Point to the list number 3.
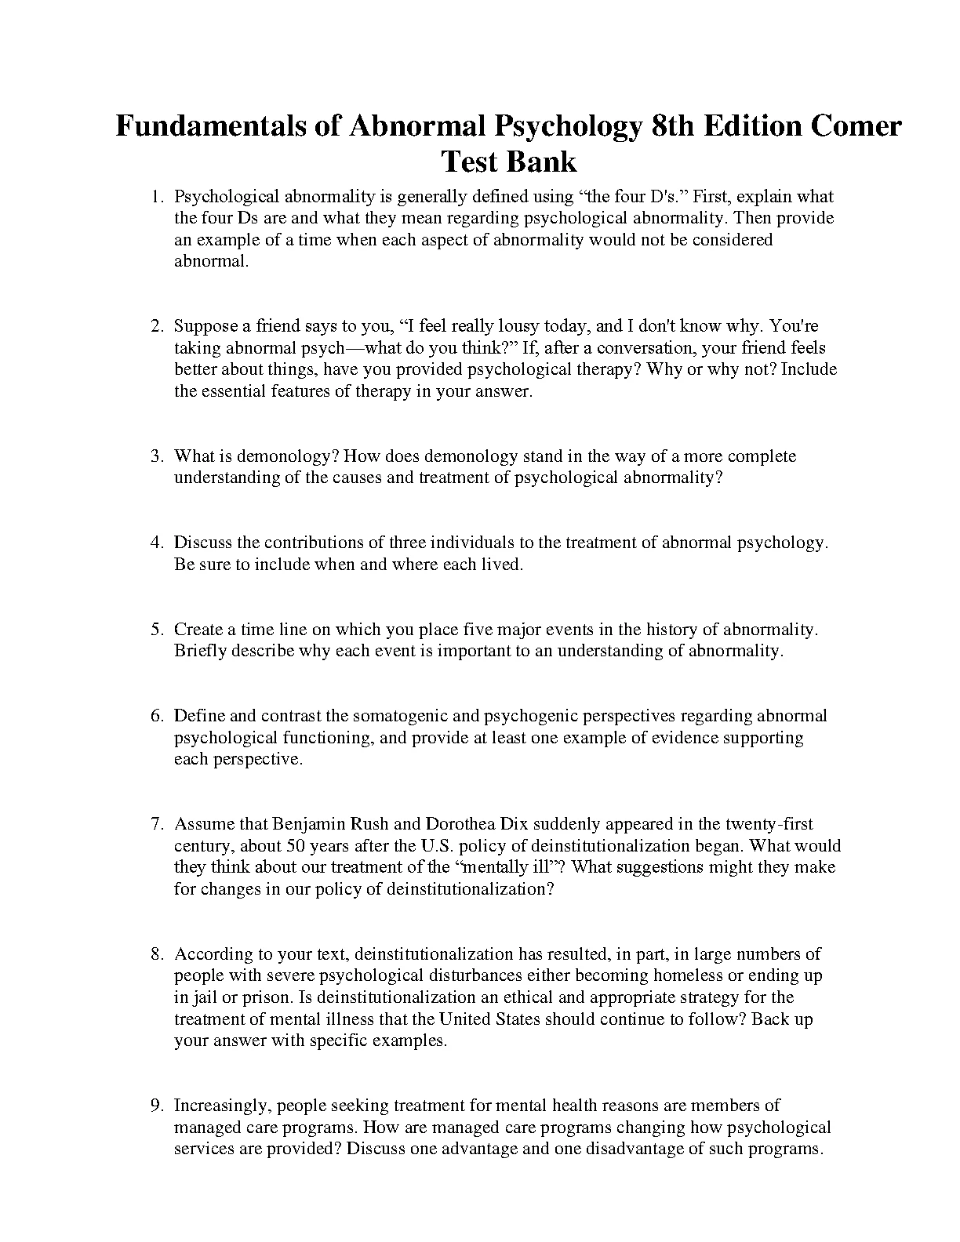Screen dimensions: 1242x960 click(x=156, y=456)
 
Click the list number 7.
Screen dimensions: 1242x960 click(x=156, y=824)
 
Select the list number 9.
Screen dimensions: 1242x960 click(x=156, y=1106)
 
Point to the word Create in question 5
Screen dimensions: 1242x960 click(x=198, y=630)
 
